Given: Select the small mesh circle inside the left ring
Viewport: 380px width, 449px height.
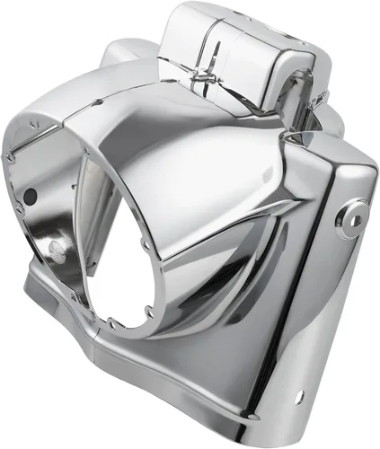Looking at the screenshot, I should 57,249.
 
